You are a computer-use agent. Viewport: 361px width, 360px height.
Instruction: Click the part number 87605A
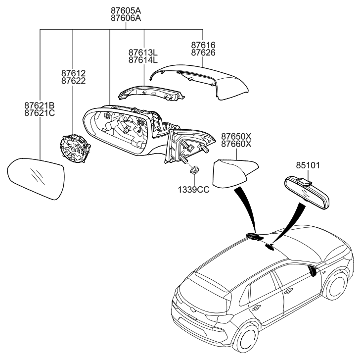click(x=126, y=9)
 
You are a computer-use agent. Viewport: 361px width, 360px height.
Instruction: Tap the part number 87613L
click(x=143, y=52)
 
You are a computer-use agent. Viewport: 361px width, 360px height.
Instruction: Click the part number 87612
click(x=73, y=73)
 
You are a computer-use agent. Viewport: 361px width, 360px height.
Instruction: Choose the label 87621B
click(x=40, y=105)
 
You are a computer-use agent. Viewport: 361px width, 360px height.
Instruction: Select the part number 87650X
click(x=236, y=136)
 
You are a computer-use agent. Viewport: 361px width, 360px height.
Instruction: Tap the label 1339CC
click(x=194, y=189)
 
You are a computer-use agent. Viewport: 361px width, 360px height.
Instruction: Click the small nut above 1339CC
click(x=194, y=170)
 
